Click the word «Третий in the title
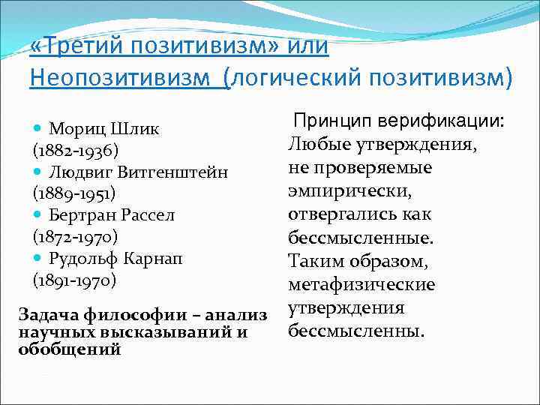point(76,46)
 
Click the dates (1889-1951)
point(73,194)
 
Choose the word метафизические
point(361,285)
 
